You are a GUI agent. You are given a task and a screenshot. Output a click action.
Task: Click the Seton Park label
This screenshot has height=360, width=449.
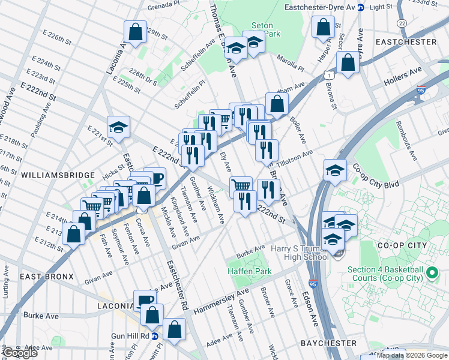pos(262,30)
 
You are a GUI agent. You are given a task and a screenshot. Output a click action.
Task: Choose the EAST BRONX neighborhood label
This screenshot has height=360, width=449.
pos(46,277)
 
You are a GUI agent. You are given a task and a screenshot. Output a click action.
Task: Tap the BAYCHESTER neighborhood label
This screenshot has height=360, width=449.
pos(328,343)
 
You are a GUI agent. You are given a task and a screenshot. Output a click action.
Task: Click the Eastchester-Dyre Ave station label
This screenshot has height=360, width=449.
pos(317,8)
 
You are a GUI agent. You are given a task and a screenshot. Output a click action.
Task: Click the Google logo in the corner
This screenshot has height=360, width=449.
pos(20,352)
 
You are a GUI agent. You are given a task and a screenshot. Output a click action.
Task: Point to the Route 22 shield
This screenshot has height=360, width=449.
pos(401,22)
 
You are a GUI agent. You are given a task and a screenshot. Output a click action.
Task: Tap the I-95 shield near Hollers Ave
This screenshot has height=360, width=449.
pos(421,92)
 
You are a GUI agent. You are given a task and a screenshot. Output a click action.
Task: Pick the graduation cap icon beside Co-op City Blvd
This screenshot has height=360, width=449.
pos(335,170)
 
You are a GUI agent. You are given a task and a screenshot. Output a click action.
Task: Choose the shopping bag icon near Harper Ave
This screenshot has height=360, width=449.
pos(324,27)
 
